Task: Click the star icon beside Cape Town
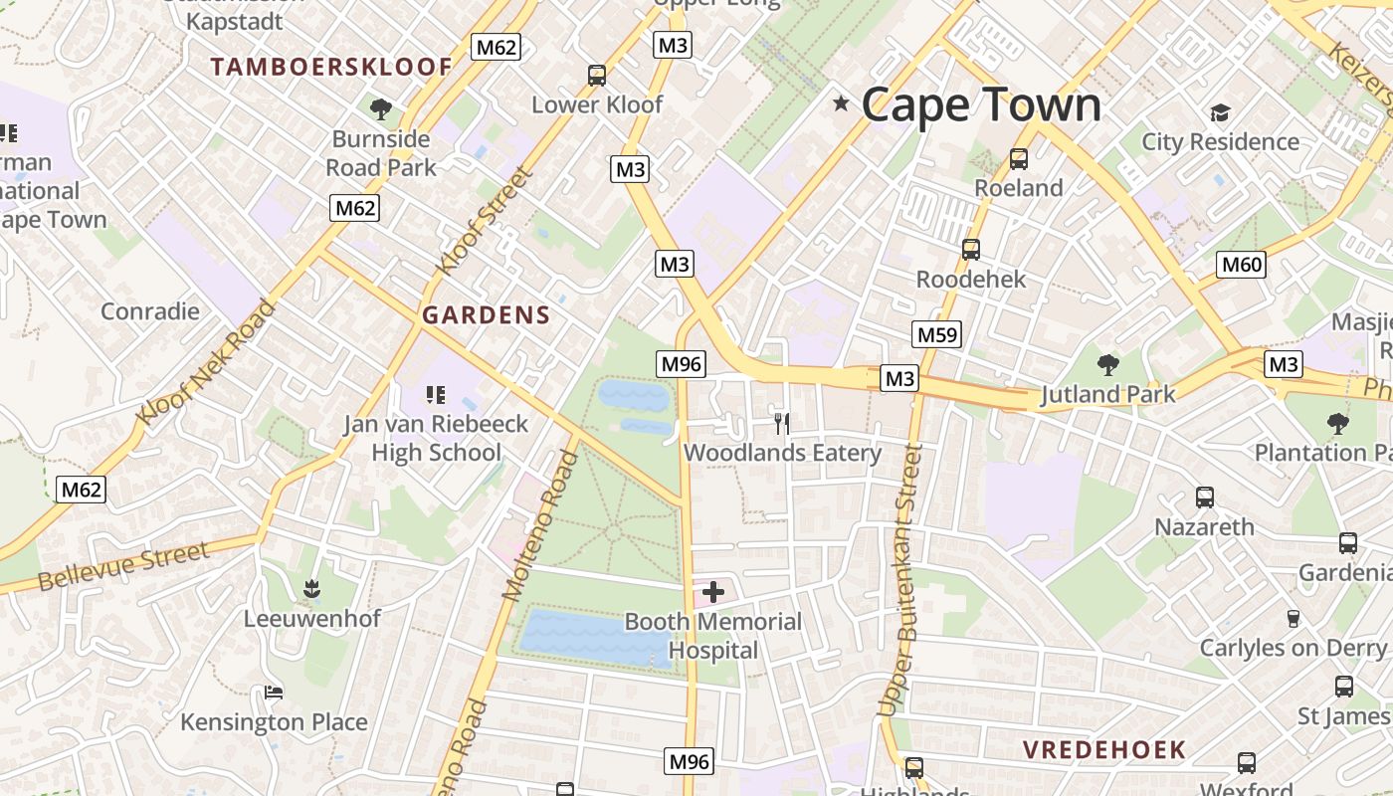click(841, 103)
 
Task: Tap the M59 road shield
click(936, 334)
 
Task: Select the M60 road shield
click(1241, 265)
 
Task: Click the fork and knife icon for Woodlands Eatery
click(782, 424)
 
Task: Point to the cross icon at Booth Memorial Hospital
click(712, 593)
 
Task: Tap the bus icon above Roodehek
click(971, 250)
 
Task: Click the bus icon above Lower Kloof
click(596, 76)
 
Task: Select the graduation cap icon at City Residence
click(1220, 112)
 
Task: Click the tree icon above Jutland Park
click(1107, 365)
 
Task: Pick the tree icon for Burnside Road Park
click(380, 109)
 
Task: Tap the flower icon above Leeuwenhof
click(312, 589)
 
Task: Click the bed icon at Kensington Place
click(274, 693)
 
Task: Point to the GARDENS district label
click(486, 315)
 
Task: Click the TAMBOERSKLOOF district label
click(331, 68)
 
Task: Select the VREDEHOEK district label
click(1104, 749)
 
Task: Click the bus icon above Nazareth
click(1204, 497)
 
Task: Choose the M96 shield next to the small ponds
click(682, 364)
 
